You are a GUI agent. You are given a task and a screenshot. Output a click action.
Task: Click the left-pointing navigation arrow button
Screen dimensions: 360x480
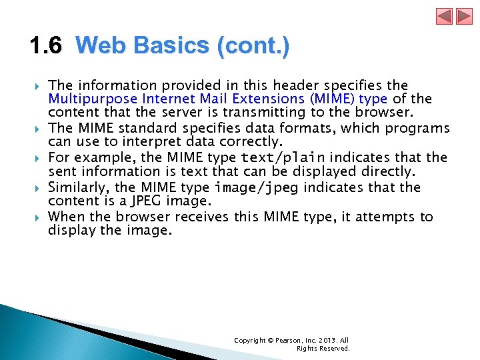point(445,17)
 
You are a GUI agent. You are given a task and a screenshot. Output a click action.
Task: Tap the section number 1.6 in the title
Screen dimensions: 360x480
point(45,46)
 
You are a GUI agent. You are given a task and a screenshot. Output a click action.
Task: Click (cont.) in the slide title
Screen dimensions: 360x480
point(254,46)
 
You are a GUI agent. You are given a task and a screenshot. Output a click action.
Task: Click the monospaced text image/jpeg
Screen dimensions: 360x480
point(258,187)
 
